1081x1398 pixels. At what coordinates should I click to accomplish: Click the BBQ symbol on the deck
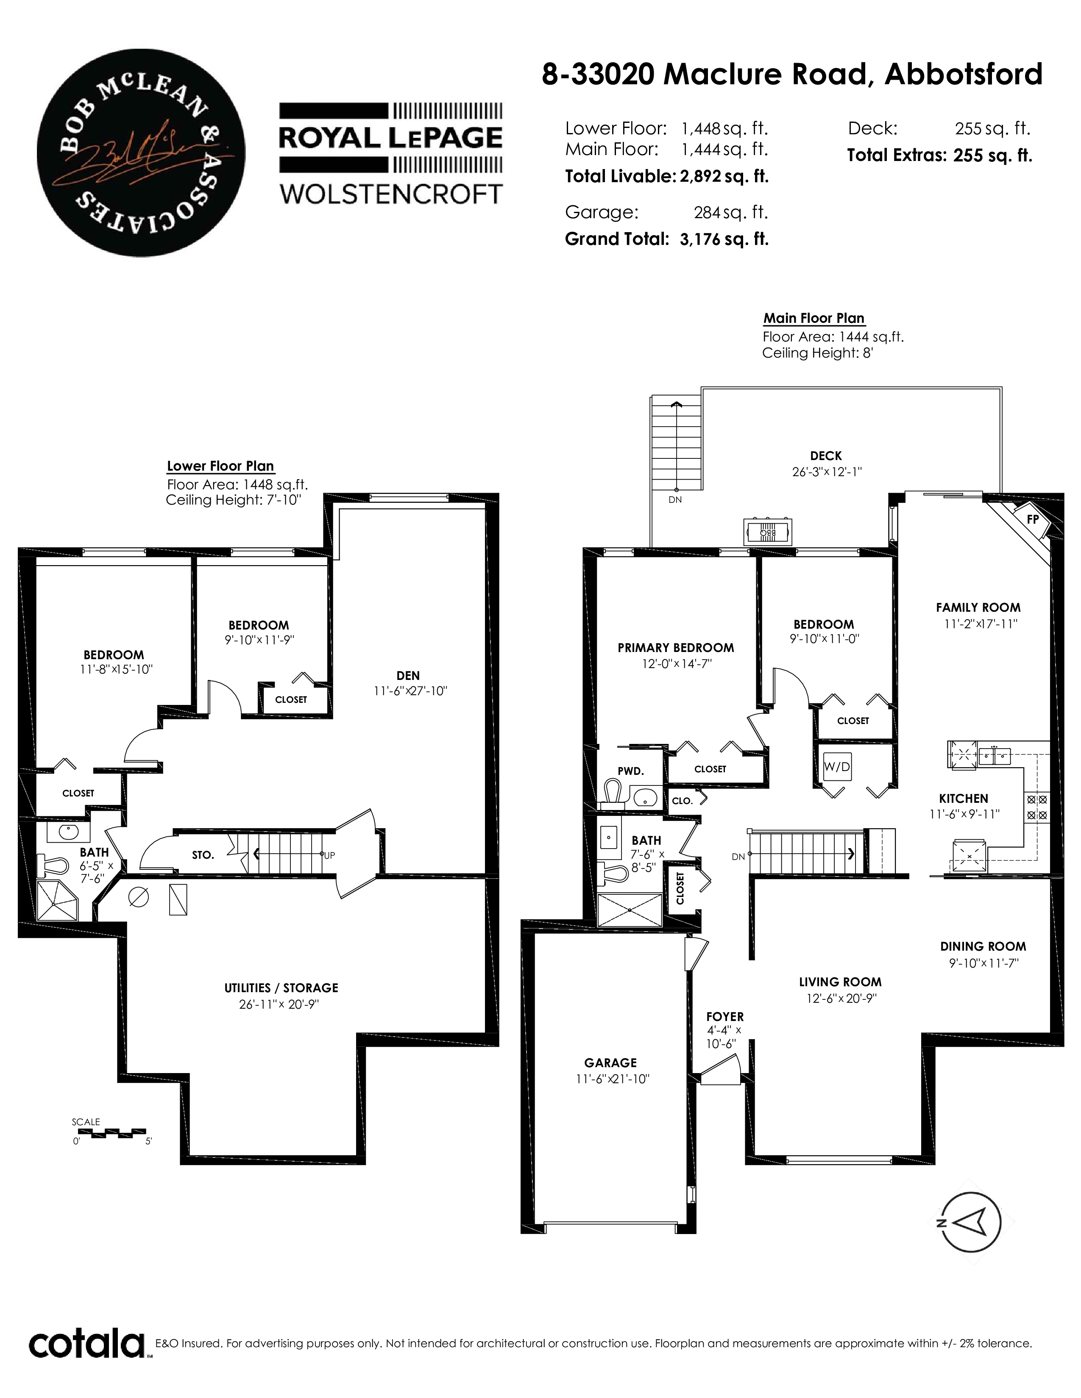[768, 531]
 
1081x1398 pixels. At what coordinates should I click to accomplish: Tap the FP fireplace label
[1032, 520]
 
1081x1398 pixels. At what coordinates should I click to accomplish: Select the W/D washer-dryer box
[837, 767]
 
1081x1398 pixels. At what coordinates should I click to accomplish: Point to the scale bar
[109, 1133]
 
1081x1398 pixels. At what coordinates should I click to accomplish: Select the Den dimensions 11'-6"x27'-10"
[410, 691]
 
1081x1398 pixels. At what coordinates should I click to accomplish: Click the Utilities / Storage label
[281, 987]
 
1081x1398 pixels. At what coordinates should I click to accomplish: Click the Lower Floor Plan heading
[220, 466]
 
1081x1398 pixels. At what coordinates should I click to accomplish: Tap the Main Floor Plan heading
[814, 318]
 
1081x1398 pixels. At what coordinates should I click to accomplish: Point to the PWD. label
[631, 771]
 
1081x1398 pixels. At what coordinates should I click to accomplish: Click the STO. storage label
[203, 855]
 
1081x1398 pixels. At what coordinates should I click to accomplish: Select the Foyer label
[725, 1016]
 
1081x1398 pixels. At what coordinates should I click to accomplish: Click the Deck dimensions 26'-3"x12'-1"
[827, 472]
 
